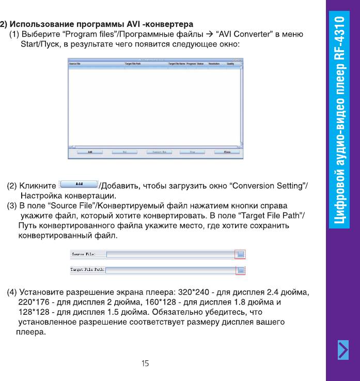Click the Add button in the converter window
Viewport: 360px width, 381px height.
(90, 152)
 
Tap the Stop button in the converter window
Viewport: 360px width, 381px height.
(192, 152)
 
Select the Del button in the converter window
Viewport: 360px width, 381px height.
(124, 152)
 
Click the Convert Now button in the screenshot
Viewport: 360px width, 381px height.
(159, 152)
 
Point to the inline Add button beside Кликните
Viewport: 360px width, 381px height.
(80, 184)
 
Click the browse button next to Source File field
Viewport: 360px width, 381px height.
(241, 254)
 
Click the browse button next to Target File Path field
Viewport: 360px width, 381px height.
(241, 270)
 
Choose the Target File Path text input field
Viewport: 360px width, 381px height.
(170, 270)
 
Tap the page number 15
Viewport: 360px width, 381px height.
(145, 363)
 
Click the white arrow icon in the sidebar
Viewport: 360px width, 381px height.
(343, 350)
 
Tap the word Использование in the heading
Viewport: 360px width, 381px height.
(42, 24)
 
